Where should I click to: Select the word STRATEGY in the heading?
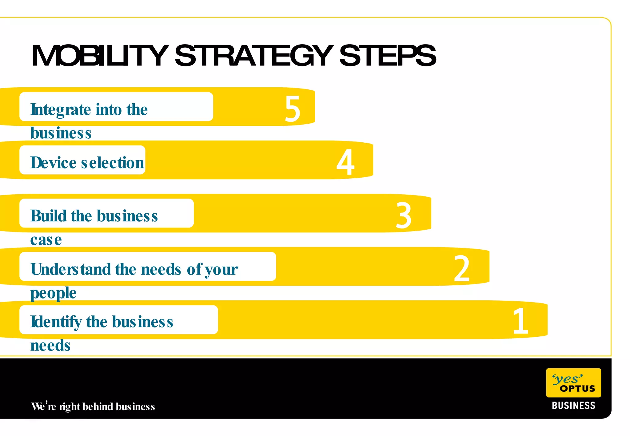coord(254,56)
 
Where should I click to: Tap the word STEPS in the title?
coord(388,56)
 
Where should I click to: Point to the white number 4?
coord(345,162)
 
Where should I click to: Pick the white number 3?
coord(403,216)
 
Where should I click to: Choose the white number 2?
coord(461,269)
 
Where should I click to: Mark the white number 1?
coord(520,321)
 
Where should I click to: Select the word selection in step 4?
coord(113,163)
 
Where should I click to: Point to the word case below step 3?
coord(46,240)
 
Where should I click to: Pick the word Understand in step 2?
coord(71,269)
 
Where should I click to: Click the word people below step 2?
coord(53,293)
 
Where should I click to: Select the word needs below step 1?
coord(50,346)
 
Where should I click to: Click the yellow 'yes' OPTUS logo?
coord(573,383)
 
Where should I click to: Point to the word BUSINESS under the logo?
coord(573,406)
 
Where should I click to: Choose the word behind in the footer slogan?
coord(98,406)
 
